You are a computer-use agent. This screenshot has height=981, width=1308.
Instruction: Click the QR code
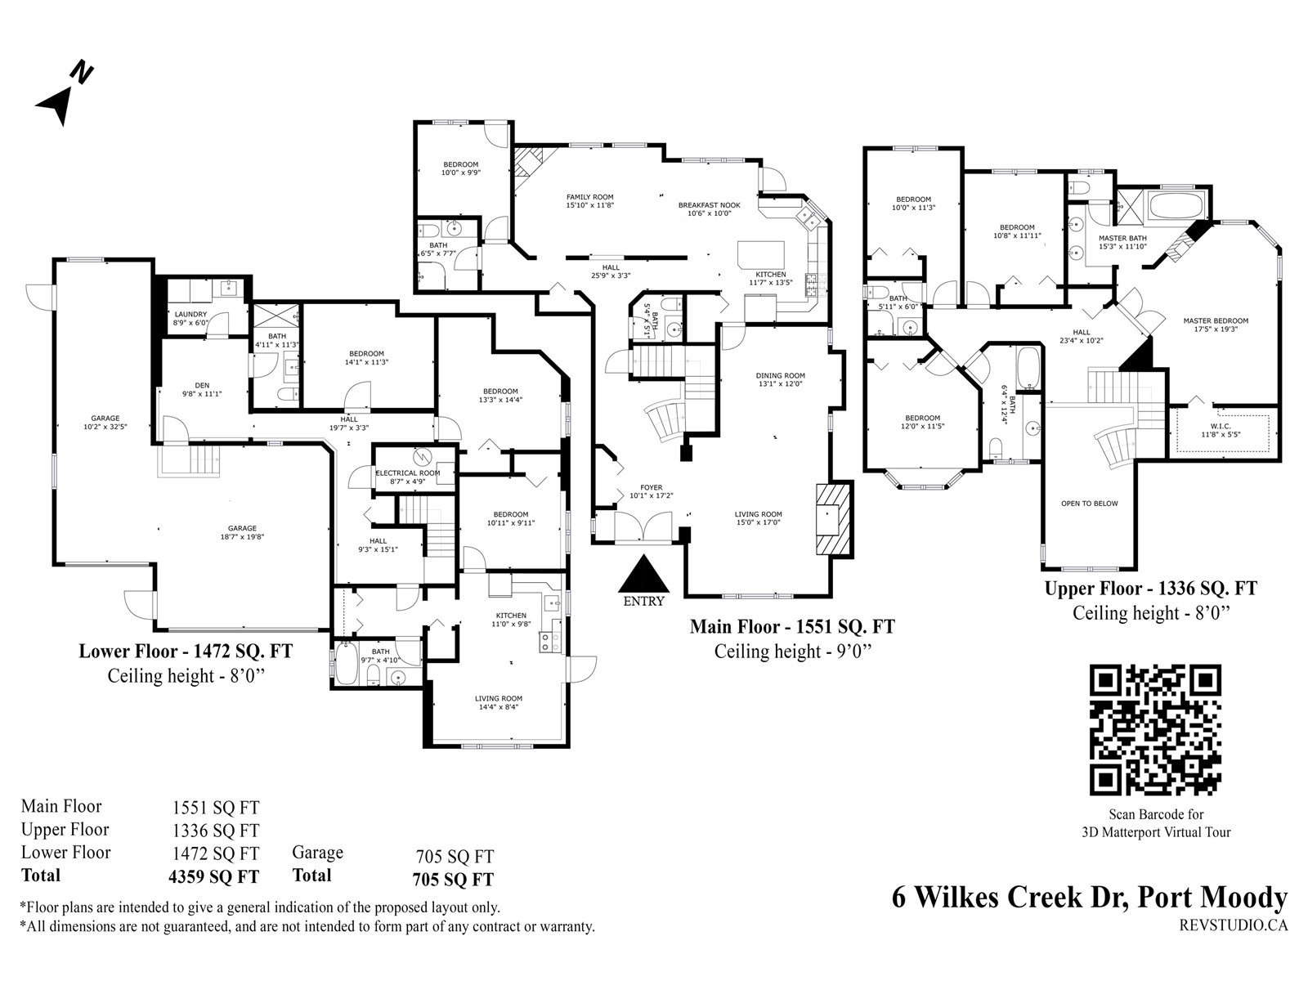pos(1155,731)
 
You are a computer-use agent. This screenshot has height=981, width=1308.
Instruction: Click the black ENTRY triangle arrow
pos(643,573)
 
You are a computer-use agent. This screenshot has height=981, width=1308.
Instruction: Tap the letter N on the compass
pos(82,72)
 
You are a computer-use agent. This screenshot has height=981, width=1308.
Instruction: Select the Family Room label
pos(590,197)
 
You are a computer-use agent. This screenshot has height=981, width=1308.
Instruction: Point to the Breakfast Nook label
pos(709,205)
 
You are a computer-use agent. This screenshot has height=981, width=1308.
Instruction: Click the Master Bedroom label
pos(1216,321)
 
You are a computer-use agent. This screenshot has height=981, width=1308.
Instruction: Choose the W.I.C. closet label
pos(1220,427)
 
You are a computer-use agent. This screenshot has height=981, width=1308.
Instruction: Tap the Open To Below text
pos(1089,504)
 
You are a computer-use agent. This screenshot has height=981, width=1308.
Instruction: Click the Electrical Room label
pos(408,473)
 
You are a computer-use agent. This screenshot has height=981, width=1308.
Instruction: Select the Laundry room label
pos(190,315)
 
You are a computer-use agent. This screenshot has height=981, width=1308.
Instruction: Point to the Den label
pos(202,385)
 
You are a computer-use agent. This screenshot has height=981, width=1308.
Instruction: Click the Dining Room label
pos(780,376)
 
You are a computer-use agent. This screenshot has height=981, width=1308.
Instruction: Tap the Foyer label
pos(652,488)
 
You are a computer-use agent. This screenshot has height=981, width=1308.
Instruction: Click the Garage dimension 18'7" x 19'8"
pos(242,536)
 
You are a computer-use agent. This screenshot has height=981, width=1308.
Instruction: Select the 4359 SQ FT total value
pos(214,877)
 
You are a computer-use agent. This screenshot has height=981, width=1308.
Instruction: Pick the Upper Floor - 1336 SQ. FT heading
pos(1151,589)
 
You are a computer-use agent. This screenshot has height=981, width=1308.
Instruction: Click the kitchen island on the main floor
pos(760,256)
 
